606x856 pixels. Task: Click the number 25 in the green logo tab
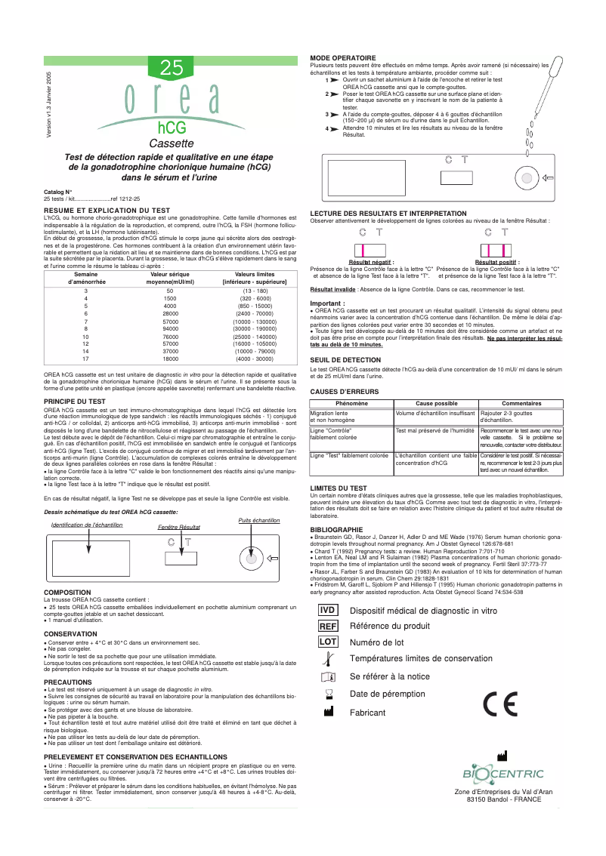click(172, 68)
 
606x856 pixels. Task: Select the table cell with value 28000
click(170, 313)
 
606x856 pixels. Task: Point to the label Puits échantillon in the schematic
click(259, 520)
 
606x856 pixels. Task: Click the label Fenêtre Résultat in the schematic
click(178, 527)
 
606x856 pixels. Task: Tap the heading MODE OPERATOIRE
click(343, 58)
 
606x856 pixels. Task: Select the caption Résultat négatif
click(371, 262)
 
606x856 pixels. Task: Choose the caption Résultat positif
click(497, 262)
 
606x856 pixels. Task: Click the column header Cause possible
click(437, 403)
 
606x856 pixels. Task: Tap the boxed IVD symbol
click(327, 631)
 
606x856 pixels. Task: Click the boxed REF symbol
click(327, 647)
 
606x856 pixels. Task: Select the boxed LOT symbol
click(327, 663)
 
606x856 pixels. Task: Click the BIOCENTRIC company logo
click(502, 774)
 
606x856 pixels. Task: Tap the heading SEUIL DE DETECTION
click(345, 360)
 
